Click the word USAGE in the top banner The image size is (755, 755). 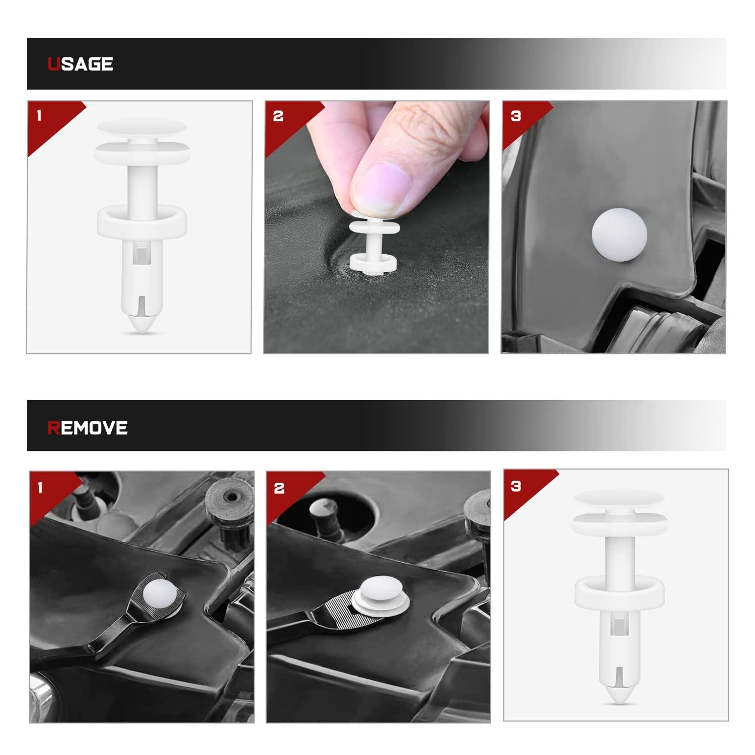[x=80, y=64]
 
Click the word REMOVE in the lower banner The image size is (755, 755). [x=88, y=428]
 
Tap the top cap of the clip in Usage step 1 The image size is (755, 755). [x=141, y=129]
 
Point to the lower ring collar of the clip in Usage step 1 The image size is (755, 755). [x=141, y=220]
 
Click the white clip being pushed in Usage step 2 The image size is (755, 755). [x=374, y=241]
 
